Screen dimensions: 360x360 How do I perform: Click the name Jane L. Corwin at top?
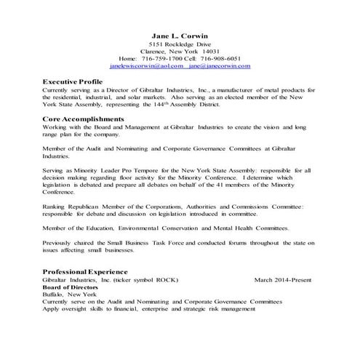coord(179,35)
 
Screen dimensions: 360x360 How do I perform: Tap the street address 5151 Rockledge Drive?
coord(179,44)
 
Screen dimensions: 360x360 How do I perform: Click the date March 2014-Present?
coord(286,279)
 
